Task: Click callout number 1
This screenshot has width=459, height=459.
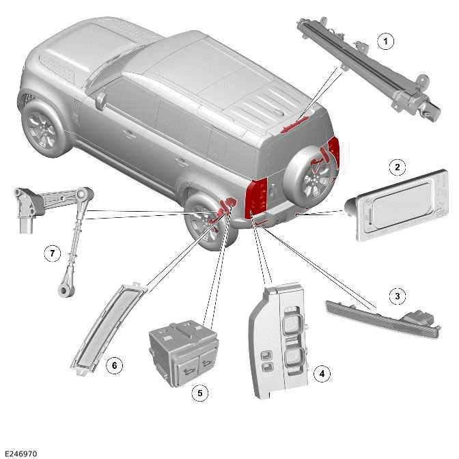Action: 386,42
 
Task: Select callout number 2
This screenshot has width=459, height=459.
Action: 395,166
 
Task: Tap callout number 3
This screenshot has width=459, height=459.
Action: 395,296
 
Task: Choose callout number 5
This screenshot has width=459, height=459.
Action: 200,393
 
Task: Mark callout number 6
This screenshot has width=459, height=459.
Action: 114,366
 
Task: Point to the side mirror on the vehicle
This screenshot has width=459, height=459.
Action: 100,101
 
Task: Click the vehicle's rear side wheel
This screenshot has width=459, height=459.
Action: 208,220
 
